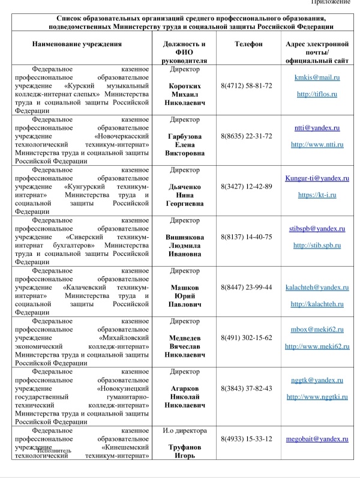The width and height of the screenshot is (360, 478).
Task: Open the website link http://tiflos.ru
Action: click(317, 94)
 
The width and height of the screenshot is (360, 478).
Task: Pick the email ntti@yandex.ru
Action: click(317, 128)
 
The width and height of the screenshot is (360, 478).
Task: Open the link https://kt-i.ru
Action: click(317, 195)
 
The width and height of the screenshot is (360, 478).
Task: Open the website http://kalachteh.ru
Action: click(317, 304)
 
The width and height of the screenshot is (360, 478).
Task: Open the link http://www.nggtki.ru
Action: click(317, 397)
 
